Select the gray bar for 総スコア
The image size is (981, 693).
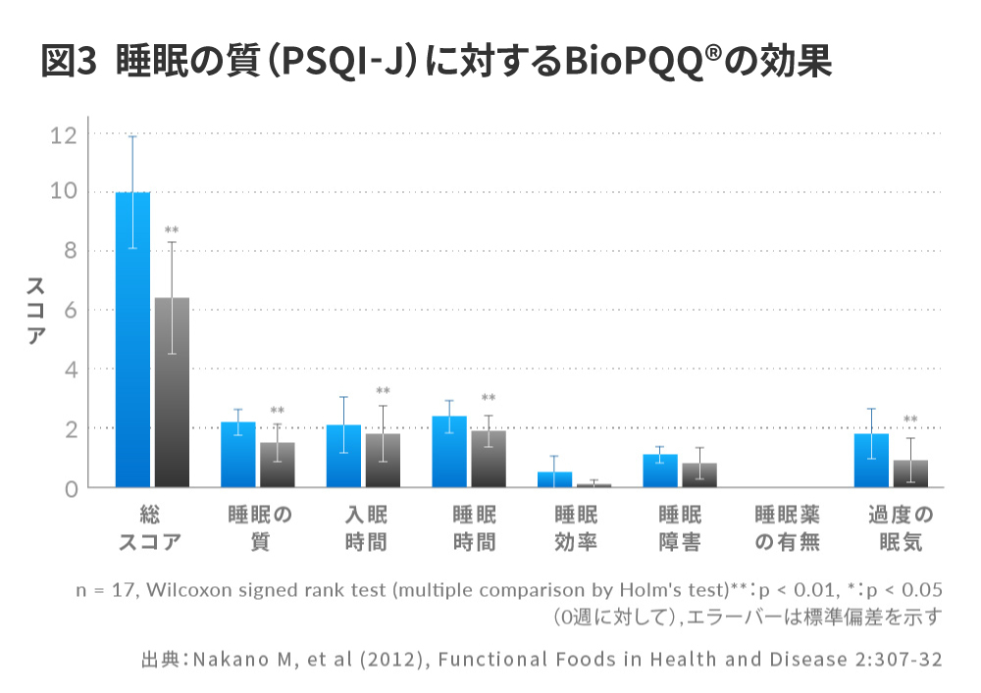click(x=172, y=392)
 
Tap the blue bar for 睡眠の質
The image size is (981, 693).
click(x=238, y=455)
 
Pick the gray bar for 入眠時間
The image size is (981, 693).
click(x=383, y=461)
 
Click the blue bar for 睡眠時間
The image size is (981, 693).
click(x=449, y=452)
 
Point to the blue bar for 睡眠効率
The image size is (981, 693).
click(x=555, y=479)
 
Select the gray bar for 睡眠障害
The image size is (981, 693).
click(x=699, y=475)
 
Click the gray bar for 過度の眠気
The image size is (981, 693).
click(x=910, y=473)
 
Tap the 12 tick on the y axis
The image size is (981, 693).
click(x=63, y=134)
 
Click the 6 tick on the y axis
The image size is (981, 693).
click(x=69, y=311)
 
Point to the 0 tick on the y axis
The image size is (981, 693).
click(x=69, y=487)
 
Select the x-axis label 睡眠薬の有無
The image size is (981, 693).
click(x=787, y=528)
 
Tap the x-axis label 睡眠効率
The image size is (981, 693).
click(x=576, y=528)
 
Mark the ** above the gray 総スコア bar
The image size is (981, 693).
click(x=172, y=231)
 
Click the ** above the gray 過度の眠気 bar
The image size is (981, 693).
click(x=910, y=421)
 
